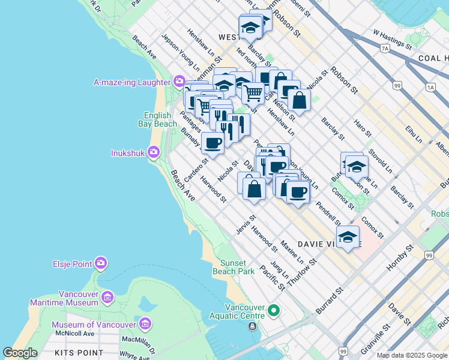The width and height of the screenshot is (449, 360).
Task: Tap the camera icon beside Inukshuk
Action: point(154,152)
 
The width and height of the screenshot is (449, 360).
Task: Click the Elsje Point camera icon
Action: point(100,263)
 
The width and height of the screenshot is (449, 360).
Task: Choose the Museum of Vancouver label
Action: point(92,325)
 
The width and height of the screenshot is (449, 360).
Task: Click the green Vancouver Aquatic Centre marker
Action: point(274,311)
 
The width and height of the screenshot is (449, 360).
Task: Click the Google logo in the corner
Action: point(20,353)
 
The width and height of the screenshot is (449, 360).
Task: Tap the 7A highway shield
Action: point(385,47)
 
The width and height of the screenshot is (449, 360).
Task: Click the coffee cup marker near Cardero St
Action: point(212,143)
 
